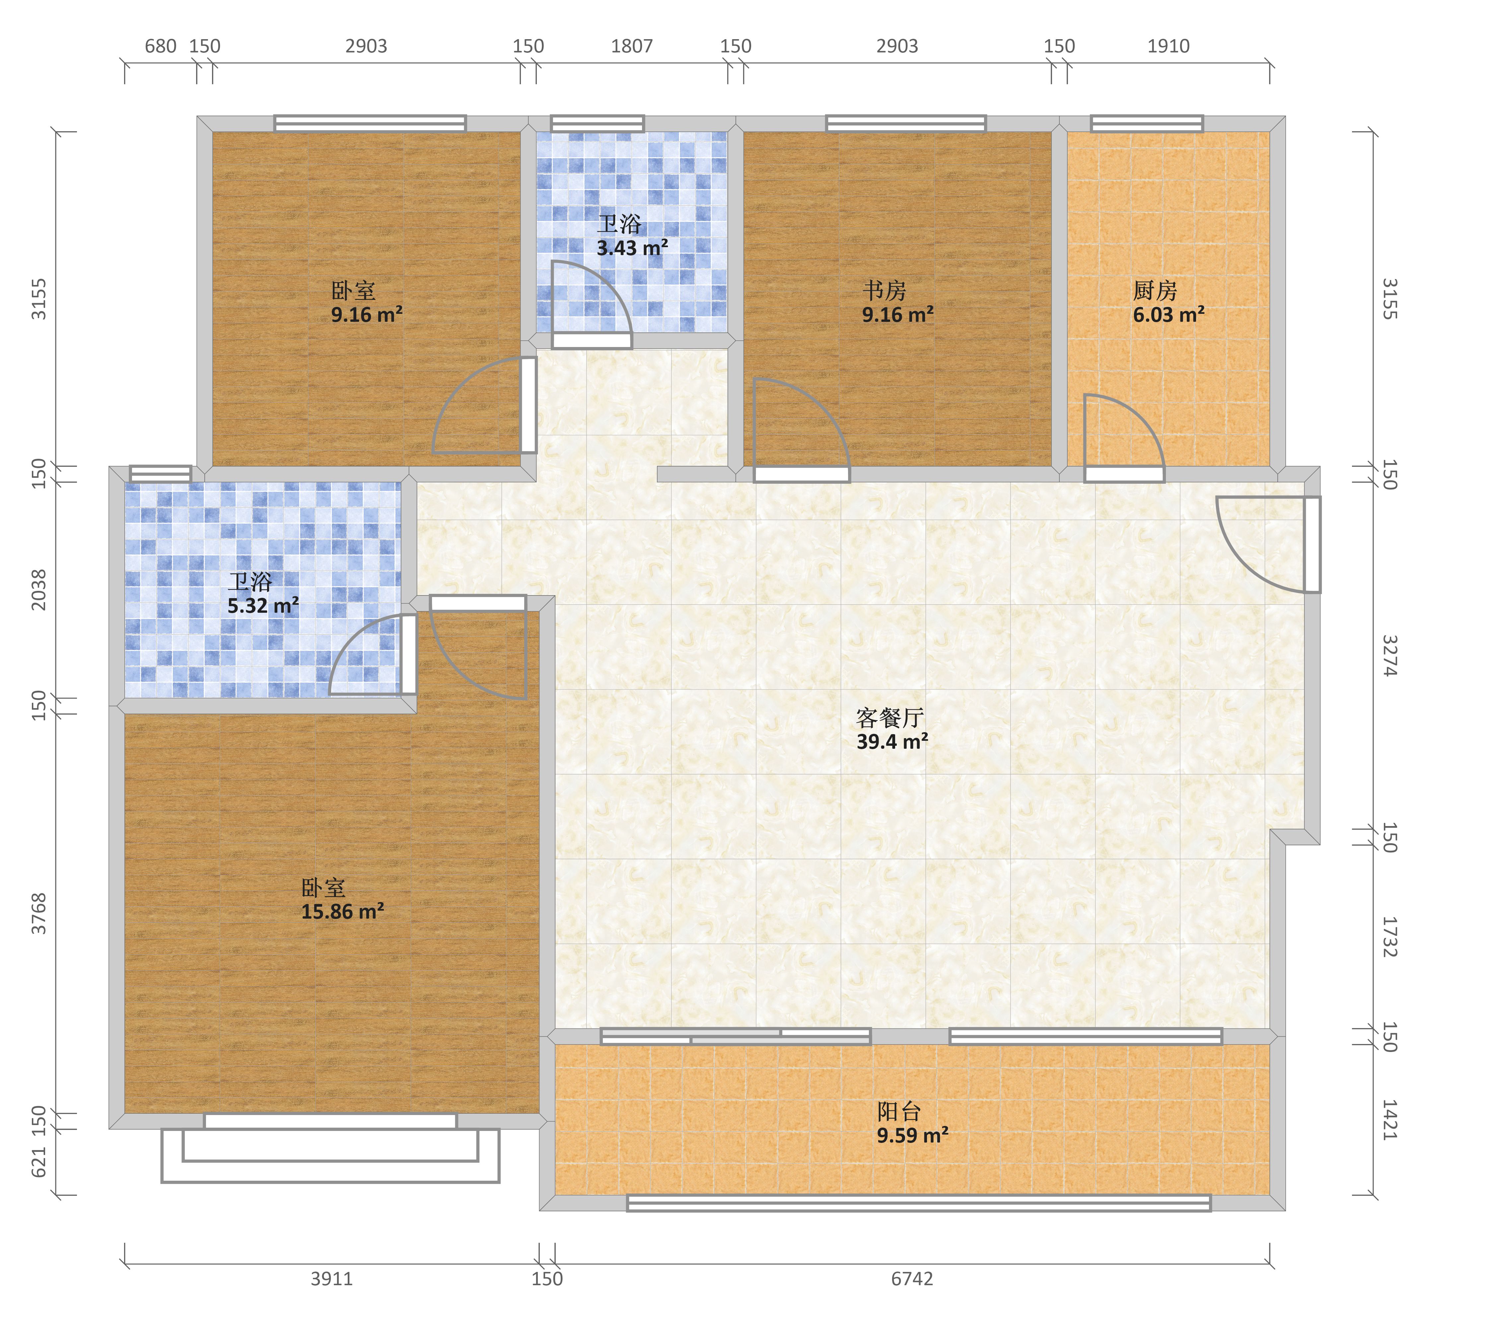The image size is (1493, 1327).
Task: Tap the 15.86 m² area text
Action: coord(343,911)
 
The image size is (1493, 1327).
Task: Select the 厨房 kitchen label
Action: coord(1155,291)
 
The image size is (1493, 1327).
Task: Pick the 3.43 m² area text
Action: coord(633,248)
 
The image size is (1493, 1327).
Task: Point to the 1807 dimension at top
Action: coord(632,46)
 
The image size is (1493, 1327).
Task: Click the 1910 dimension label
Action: coord(1169,46)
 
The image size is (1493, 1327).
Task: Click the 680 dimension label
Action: coord(161,46)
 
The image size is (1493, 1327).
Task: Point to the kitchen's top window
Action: coord(1147,123)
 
